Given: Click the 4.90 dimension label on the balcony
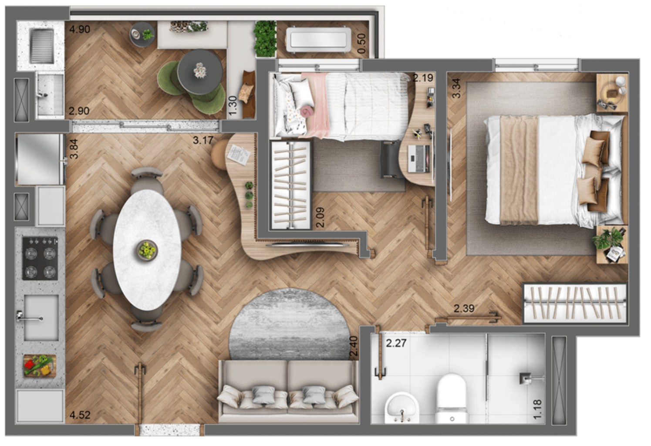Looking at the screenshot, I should (80, 30).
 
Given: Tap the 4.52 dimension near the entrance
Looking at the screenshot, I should (80, 415).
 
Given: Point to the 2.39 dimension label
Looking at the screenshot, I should (464, 309).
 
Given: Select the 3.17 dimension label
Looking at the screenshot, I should (203, 140).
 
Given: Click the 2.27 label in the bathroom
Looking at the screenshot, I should (396, 343).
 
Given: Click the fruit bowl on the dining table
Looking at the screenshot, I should (147, 250).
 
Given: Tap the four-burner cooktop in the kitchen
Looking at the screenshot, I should (40, 258).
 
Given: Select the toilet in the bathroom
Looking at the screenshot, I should (452, 399).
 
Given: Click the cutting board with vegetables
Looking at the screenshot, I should (39, 365).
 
